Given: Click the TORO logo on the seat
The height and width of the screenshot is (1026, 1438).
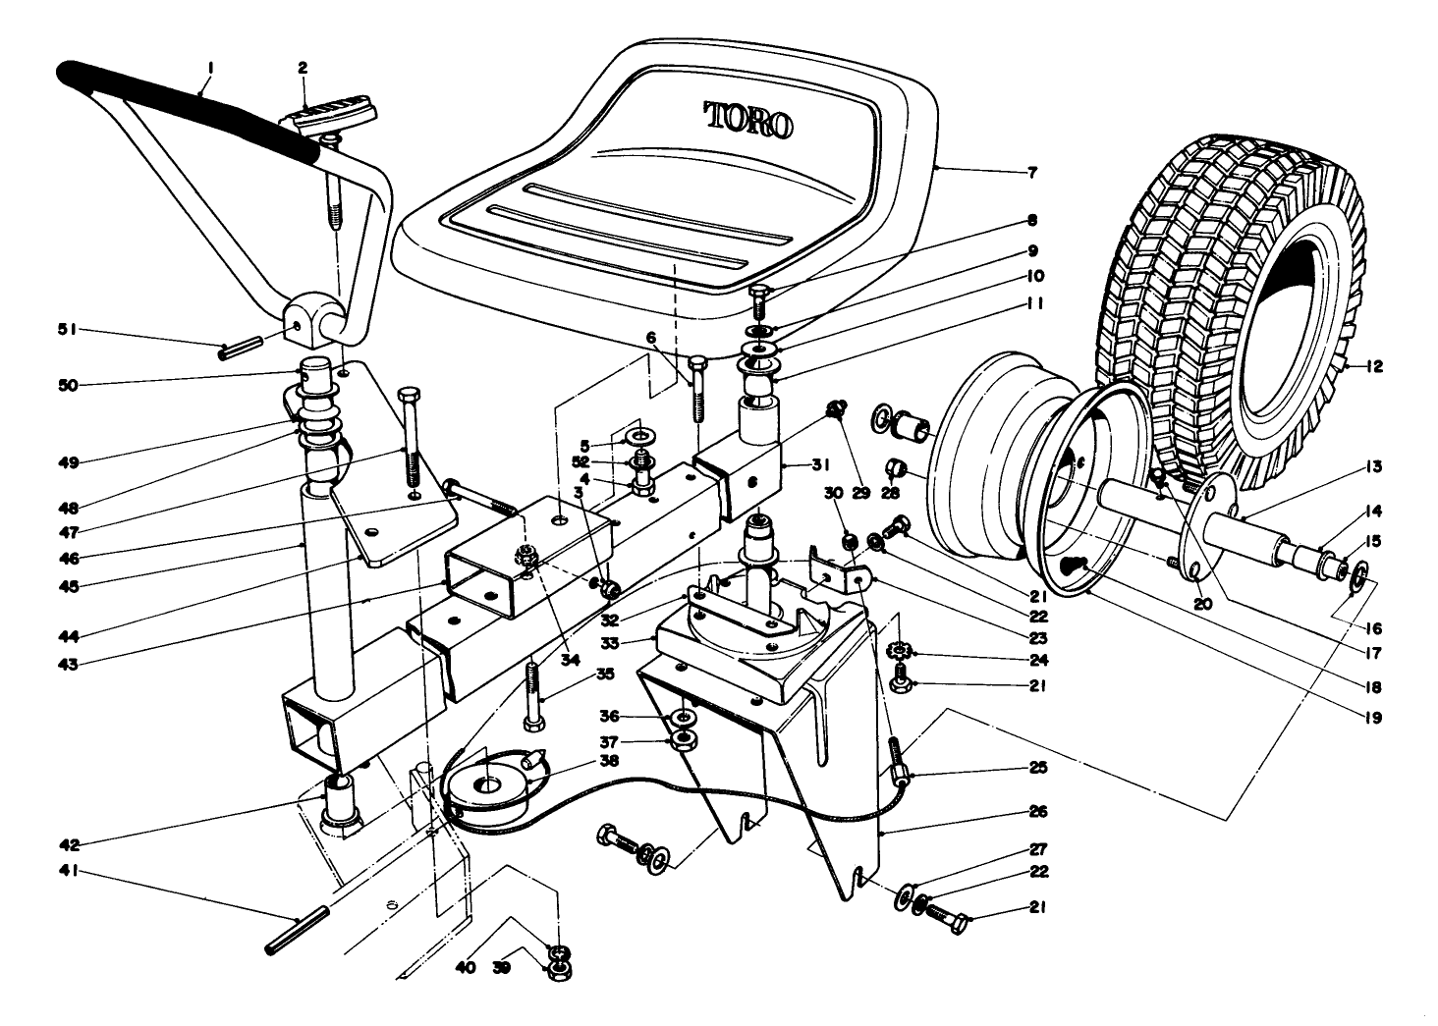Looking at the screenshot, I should click(x=749, y=120).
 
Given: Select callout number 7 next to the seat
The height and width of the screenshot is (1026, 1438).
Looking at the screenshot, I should click(x=1031, y=173).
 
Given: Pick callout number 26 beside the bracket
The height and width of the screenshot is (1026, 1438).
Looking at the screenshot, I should click(x=1038, y=812).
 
